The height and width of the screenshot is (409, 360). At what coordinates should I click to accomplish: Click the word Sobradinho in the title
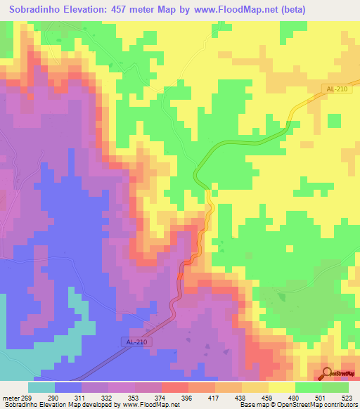click(34, 9)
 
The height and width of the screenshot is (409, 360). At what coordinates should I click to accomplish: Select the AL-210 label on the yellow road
click(336, 89)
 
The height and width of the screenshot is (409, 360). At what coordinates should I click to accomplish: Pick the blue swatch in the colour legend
click(68, 388)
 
